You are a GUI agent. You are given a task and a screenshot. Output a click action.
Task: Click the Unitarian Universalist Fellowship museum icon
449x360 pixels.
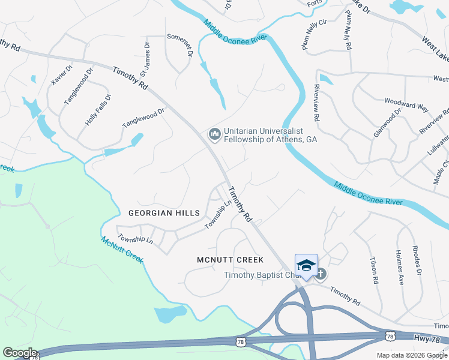tap(214, 134)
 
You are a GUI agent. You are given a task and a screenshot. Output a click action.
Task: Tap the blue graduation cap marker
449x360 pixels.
tap(306, 265)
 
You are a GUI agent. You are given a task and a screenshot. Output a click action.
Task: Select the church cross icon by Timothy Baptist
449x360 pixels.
tap(321, 275)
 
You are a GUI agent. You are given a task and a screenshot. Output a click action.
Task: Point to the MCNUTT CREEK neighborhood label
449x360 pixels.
tap(230, 260)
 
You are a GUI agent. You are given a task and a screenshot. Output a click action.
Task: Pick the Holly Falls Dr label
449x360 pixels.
tap(98, 109)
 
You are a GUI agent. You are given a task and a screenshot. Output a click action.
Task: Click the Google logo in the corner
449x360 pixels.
tap(19, 353)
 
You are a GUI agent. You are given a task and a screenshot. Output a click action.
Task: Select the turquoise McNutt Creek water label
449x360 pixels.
tap(122, 248)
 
